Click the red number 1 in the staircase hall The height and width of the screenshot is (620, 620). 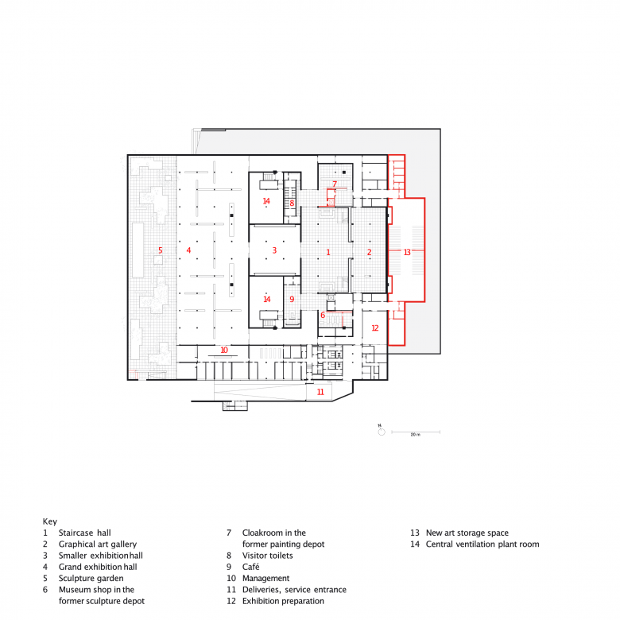tap(327, 252)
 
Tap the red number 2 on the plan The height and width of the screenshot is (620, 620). tap(370, 252)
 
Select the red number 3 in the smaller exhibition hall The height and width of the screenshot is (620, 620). tap(274, 250)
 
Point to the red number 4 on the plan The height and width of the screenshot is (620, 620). tap(188, 250)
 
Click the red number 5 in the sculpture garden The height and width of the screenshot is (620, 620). tap(160, 250)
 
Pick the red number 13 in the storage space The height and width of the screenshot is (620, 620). tap(407, 252)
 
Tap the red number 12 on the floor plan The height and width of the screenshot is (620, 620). tap(375, 327)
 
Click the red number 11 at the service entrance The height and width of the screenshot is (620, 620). tap(320, 392)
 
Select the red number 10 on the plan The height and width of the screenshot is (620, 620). tap(224, 350)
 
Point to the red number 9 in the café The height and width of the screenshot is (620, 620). tap(292, 300)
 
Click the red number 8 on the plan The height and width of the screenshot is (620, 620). tap(292, 203)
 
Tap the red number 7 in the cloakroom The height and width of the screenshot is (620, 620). tap(335, 184)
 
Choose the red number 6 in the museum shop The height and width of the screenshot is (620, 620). tap(323, 315)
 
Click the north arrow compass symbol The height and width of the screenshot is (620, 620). tap(382, 431)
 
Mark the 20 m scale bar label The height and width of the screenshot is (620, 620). tap(415, 435)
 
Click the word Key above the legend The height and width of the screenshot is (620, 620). tap(50, 521)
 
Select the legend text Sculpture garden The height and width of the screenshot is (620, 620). tap(91, 578)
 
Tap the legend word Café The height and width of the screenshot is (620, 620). tap(250, 567)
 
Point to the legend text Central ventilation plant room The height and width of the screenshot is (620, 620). tap(482, 544)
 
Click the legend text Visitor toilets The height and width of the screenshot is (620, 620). tap(267, 555)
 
